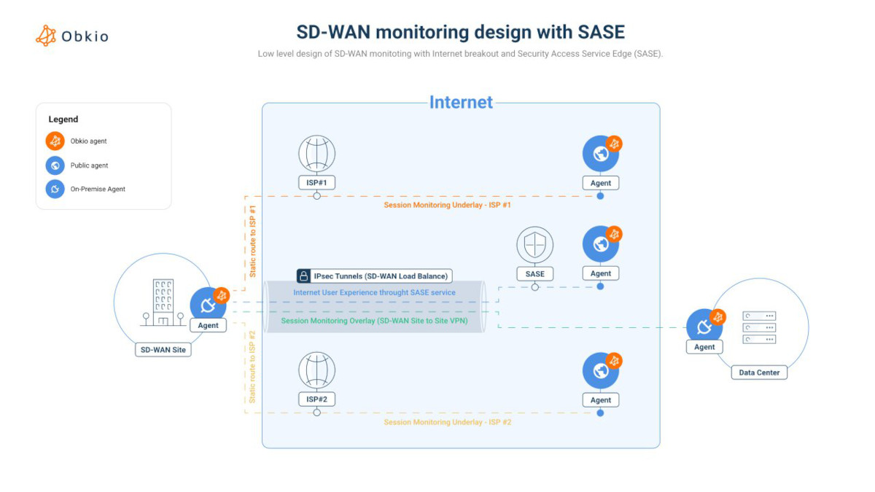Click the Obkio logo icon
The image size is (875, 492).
pos(46,36)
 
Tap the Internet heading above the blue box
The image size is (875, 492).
pos(461,102)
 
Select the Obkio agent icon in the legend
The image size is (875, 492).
pos(55,141)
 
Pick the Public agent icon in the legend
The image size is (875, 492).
pos(55,165)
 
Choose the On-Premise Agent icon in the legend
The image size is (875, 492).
pos(55,189)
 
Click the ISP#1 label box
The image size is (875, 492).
pos(316,182)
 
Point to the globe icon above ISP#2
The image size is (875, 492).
pos(316,370)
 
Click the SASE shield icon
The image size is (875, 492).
pos(534,245)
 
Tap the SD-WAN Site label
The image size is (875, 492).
pos(163,349)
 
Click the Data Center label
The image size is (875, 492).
pos(759,372)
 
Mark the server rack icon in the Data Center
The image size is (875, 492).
pos(759,327)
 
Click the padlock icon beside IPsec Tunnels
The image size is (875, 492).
pos(303,276)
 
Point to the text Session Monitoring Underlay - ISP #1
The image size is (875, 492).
pos(448,205)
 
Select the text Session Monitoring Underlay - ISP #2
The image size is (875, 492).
pos(448,422)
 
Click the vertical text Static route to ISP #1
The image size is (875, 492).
pos(253,241)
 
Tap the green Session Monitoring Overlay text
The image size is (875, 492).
pos(374,321)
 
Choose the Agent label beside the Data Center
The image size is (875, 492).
pos(704,347)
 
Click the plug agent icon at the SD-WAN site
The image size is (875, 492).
pos(208,305)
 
